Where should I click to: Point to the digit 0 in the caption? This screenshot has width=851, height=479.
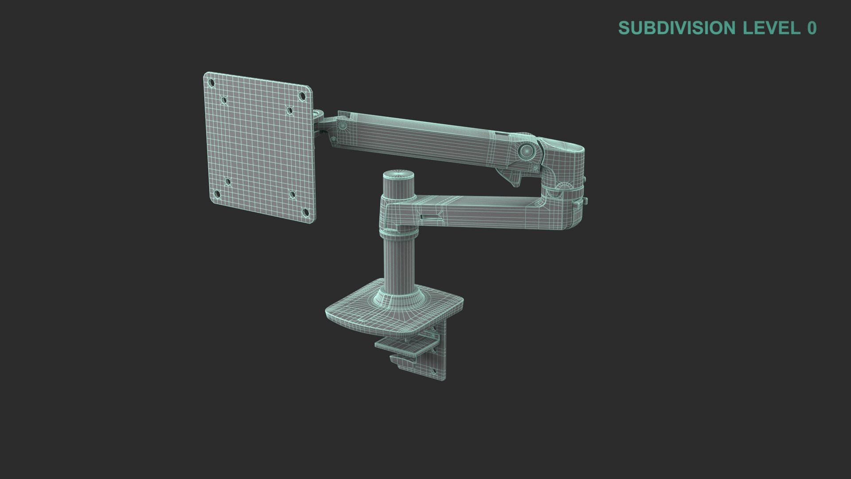812,28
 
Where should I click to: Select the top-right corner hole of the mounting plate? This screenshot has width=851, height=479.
302,95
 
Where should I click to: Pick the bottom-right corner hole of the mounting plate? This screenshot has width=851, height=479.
305,213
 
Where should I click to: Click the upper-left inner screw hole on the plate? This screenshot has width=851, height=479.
224,101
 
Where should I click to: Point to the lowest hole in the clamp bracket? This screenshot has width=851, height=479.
442,371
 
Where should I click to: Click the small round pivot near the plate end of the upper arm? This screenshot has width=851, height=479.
342,126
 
